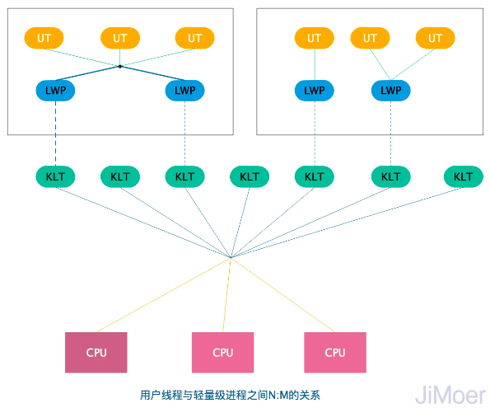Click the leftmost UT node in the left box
coord(44,38)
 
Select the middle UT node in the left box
coord(119,38)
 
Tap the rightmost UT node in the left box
coord(194,38)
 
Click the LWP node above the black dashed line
coord(56,90)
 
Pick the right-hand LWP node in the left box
coord(185,90)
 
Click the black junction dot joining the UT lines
coord(120,66)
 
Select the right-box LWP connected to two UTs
coord(391,90)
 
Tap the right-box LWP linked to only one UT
coord(314,90)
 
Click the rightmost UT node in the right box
coord(435,38)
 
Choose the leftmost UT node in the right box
coord(314,38)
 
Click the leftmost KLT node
coord(56,176)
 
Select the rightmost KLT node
coord(463,176)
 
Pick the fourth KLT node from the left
coord(250,176)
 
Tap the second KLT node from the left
coord(120,176)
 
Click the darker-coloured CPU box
coord(96,352)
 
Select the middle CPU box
coord(223,352)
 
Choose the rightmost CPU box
coord(335,352)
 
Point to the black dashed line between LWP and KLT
coord(56,134)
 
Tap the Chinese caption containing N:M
coord(240,395)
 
